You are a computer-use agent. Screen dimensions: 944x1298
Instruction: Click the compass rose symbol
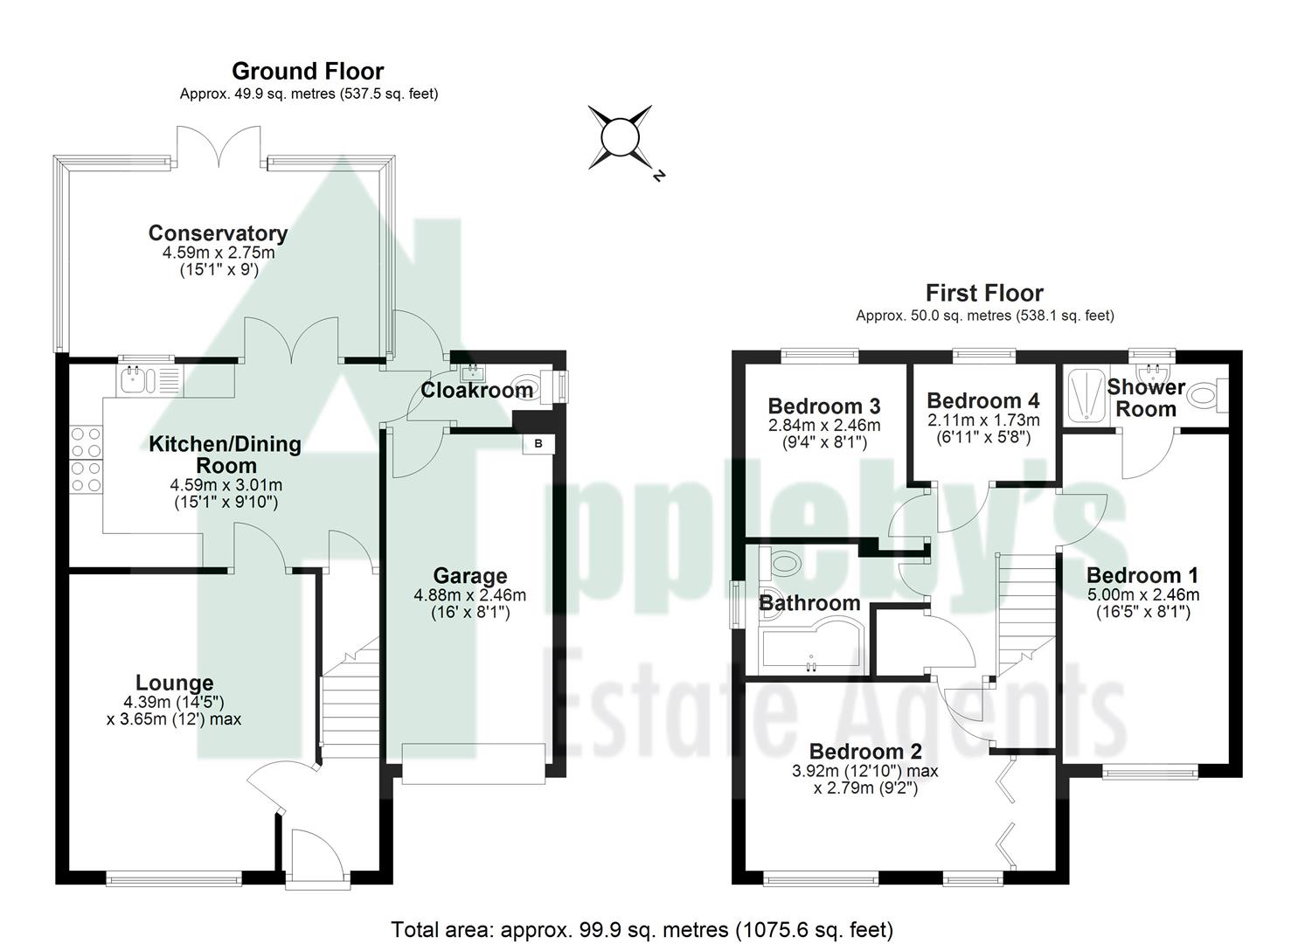621,137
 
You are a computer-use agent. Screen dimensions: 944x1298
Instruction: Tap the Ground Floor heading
307,71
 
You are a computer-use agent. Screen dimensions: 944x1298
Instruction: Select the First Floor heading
984,293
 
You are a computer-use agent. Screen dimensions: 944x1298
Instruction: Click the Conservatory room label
218,233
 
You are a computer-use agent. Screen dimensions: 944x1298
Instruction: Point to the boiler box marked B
538,444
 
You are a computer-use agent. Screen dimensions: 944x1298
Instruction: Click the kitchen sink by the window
135,380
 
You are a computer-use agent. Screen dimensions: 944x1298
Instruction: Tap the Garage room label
470,576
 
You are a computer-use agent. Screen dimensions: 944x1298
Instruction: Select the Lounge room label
174,683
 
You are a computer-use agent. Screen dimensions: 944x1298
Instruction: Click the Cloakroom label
476,391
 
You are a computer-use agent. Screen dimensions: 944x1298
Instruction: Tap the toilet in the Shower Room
1208,396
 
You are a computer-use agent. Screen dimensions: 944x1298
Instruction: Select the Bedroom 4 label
983,400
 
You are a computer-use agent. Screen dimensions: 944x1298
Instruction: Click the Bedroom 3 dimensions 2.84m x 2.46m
824,426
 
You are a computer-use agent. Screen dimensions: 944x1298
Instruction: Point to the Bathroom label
809,603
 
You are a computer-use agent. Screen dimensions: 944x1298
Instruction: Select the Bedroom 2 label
865,752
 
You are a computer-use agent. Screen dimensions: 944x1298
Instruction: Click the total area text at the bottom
642,929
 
